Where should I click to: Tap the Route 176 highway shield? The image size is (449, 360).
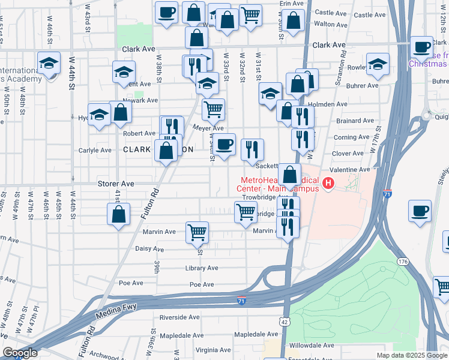coord(402,261)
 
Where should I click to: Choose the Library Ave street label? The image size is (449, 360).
coord(202,268)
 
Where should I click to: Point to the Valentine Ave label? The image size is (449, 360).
coord(348,170)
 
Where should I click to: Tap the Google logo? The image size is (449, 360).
coord(19,353)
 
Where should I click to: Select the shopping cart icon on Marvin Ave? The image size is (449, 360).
coord(197,232)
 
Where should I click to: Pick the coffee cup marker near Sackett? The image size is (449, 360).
coord(224,145)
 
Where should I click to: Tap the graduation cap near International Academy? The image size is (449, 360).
coord(48,62)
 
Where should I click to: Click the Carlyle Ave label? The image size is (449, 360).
coord(95,151)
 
